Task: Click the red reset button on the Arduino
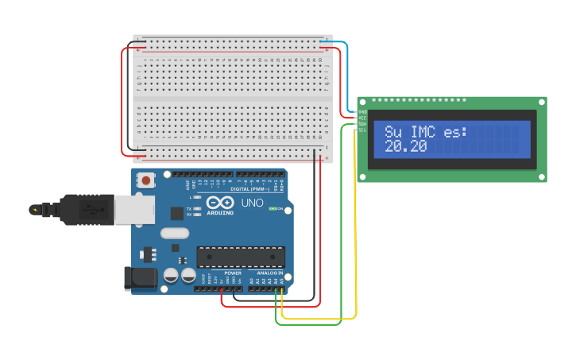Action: coord(145,181)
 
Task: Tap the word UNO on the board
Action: coord(252,203)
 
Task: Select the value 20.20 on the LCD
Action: coord(405,147)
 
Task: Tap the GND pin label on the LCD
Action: coord(362,113)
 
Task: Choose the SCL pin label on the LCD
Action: coord(362,130)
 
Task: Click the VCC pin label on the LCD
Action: coord(362,118)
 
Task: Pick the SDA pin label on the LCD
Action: coord(362,125)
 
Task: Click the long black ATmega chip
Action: coord(241,257)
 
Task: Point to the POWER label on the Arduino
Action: coord(233,273)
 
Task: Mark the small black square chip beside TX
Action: coord(176,213)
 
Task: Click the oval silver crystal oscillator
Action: coord(174,234)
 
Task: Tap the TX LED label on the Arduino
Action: coord(189,209)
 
